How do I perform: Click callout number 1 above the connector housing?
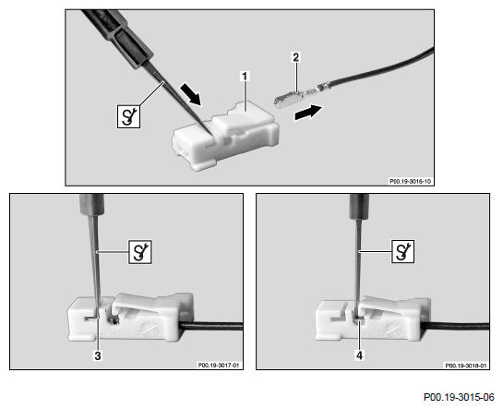pyautogui.click(x=245, y=77)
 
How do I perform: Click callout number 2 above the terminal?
pyautogui.click(x=295, y=57)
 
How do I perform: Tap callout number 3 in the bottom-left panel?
pyautogui.click(x=98, y=355)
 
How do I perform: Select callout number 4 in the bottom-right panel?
pyautogui.click(x=359, y=355)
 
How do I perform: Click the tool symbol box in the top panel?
pyautogui.click(x=128, y=116)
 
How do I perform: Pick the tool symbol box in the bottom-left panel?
pyautogui.click(x=140, y=252)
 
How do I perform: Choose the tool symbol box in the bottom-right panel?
pyautogui.click(x=403, y=251)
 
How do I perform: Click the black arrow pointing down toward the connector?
pyautogui.click(x=191, y=93)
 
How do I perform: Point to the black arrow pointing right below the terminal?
pyautogui.click(x=308, y=113)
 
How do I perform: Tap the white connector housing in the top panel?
pyautogui.click(x=225, y=135)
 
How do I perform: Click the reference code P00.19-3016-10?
pyautogui.click(x=410, y=181)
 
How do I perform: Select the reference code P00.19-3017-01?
pyautogui.click(x=219, y=365)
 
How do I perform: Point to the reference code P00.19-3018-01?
pyautogui.click(x=465, y=365)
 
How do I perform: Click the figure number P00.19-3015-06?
pyautogui.click(x=459, y=397)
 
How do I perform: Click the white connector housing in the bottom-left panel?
pyautogui.click(x=130, y=317)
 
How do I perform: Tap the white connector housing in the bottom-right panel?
pyautogui.click(x=373, y=319)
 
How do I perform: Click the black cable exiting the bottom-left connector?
pyautogui.click(x=211, y=327)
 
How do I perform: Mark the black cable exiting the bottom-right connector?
pyautogui.click(x=456, y=327)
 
